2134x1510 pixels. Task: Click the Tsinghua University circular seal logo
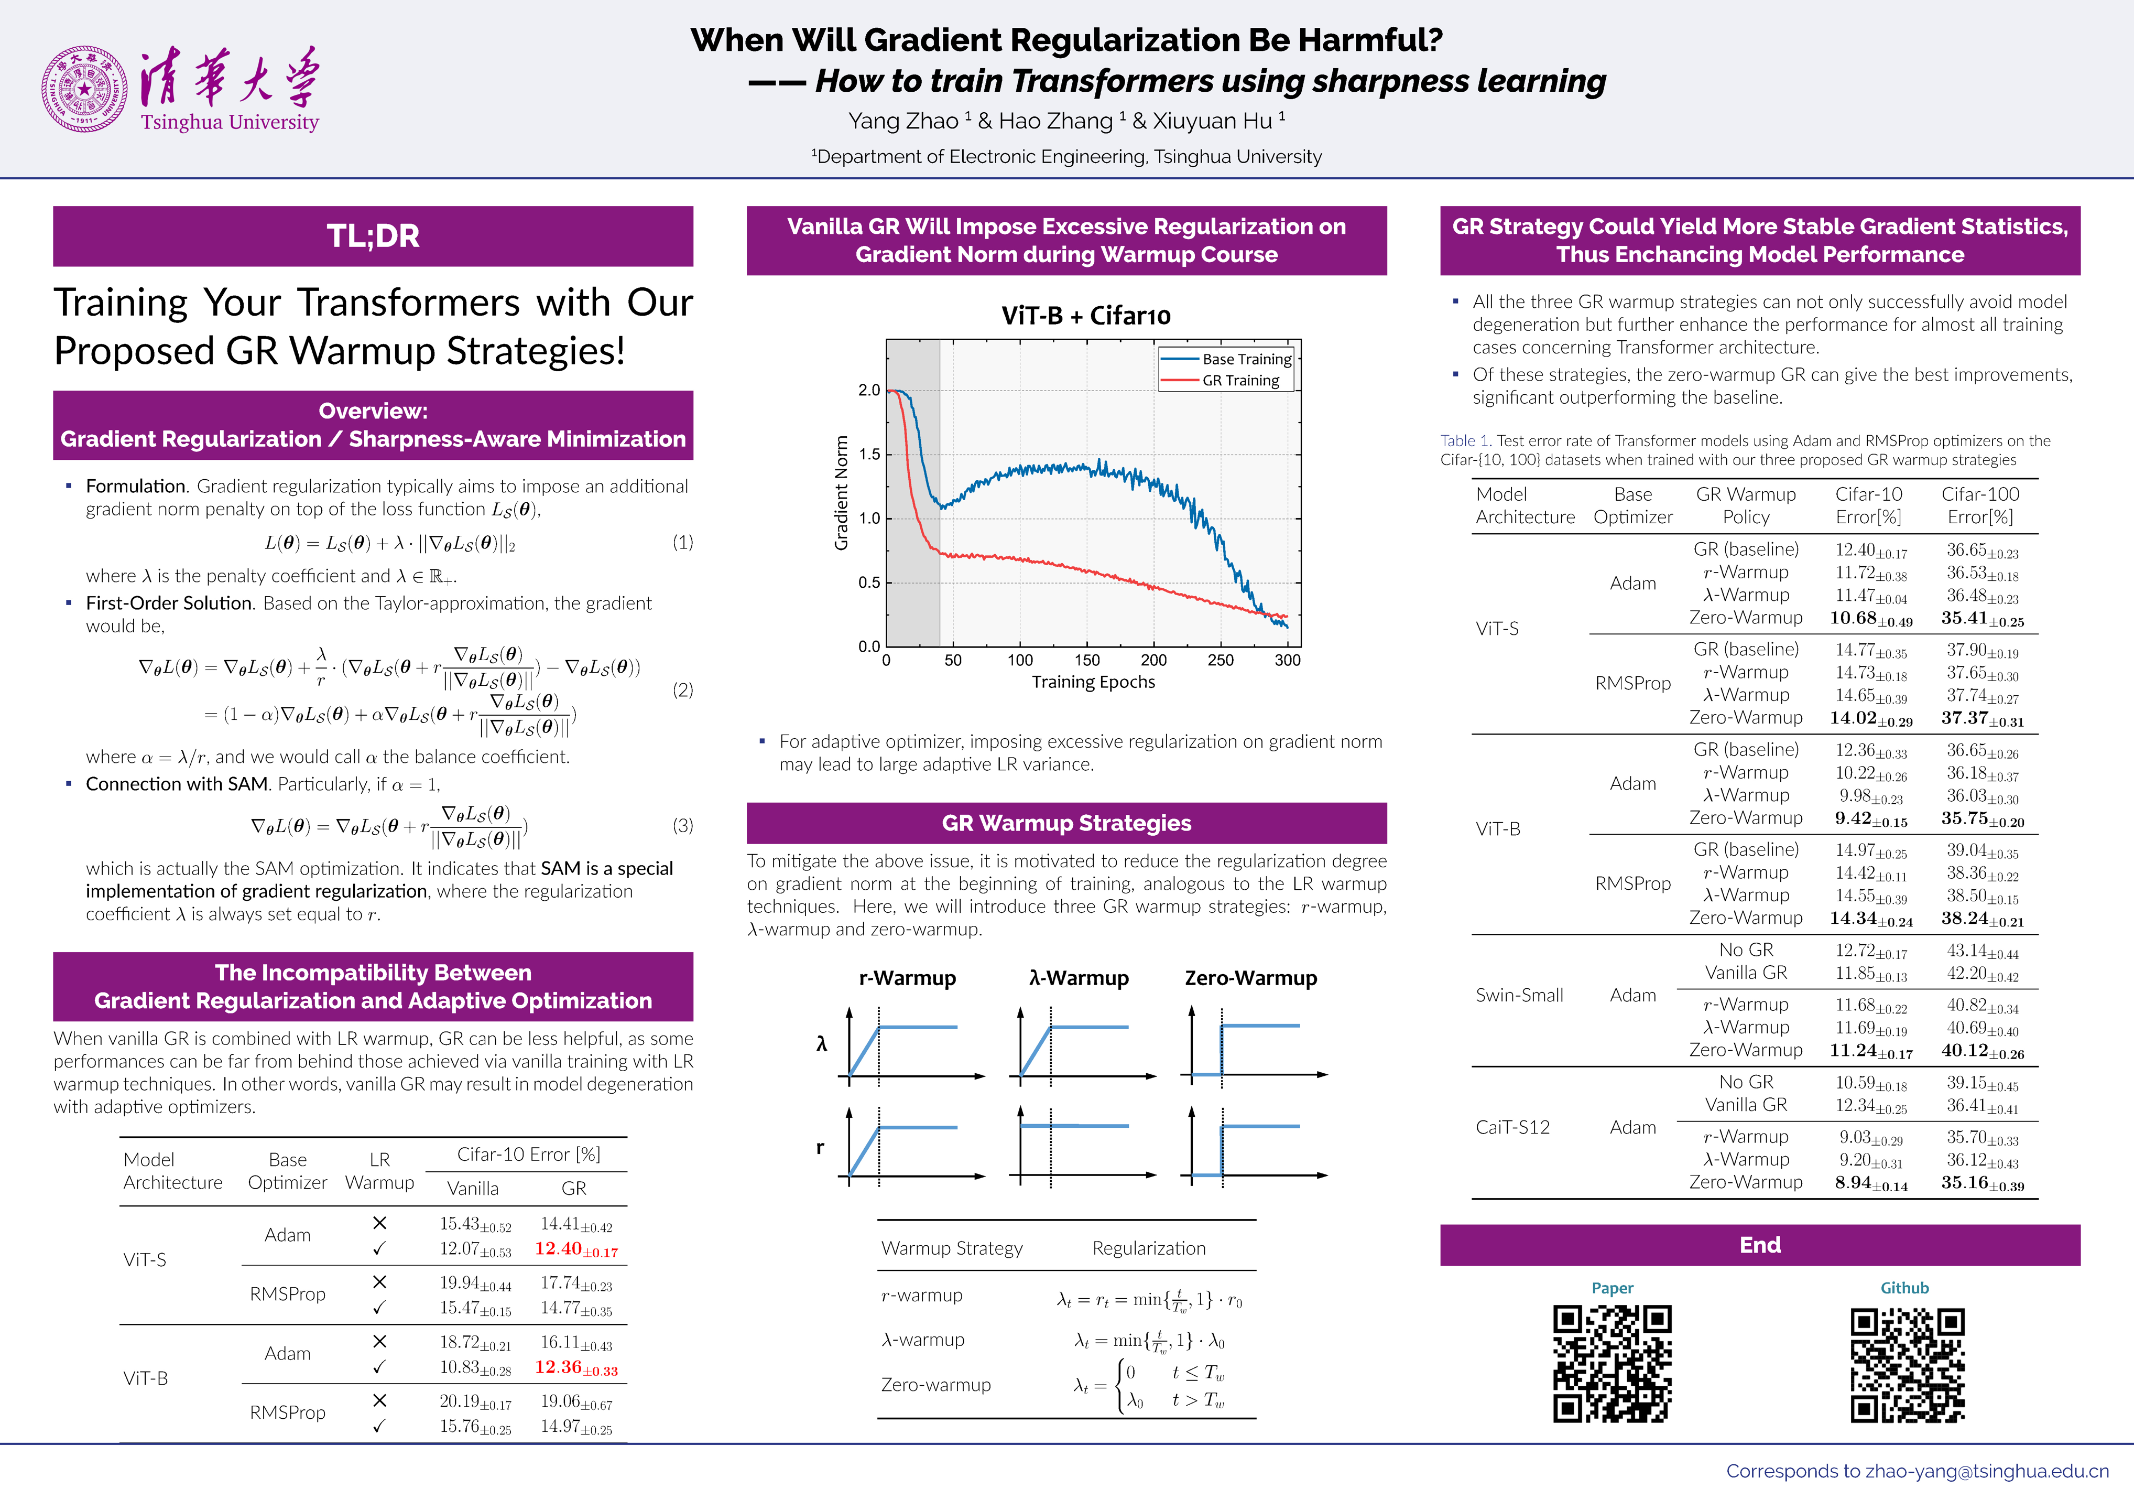coord(84,89)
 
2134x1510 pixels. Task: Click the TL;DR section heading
coord(373,236)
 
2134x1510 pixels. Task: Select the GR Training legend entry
coord(1240,380)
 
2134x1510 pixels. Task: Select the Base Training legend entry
coord(1246,359)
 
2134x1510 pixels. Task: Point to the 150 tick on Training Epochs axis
coord(1086,660)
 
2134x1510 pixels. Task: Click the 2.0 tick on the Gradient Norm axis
coord(869,391)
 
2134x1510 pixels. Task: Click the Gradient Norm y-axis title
coord(841,493)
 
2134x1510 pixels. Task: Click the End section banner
coord(1759,1245)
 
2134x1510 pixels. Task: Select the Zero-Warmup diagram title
coord(1250,978)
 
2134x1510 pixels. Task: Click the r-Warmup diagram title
coord(907,978)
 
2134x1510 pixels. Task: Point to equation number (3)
coord(682,826)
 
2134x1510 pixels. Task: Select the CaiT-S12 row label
coord(1512,1127)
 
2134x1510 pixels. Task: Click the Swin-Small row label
coord(1519,995)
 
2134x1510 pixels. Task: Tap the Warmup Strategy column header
coord(952,1248)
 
